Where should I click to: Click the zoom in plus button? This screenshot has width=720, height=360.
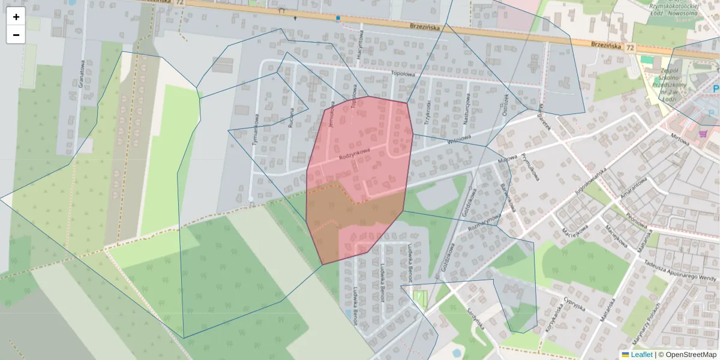16,17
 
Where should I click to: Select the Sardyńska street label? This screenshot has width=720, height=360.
475,319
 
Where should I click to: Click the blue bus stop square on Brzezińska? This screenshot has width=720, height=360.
338,18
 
